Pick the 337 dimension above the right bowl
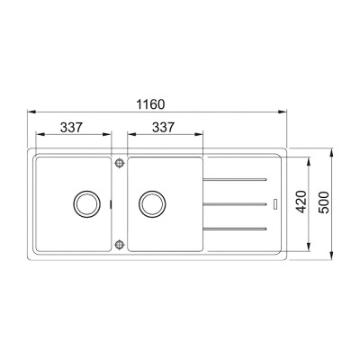tap(163, 128)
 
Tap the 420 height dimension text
tap(301, 203)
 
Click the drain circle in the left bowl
tap(87, 203)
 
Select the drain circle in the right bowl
tap(151, 203)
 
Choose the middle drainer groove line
tap(235, 204)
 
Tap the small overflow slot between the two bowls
tap(112, 203)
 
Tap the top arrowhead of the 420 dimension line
tap(310, 159)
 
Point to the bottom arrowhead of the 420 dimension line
tap(310, 247)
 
